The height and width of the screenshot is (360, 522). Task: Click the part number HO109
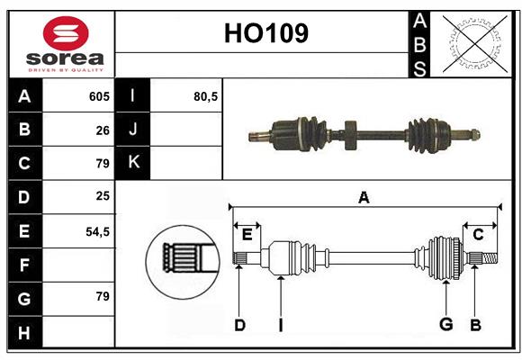tap(265, 33)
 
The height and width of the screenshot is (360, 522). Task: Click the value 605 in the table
tap(99, 96)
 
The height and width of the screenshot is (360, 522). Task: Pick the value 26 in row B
tap(103, 130)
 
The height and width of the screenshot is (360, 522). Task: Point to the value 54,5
tap(97, 231)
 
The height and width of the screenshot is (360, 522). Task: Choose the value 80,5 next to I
tap(206, 96)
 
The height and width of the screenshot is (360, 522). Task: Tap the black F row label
tap(24, 265)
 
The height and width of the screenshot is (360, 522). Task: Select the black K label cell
tap(133, 163)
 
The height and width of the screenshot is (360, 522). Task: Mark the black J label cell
tap(133, 130)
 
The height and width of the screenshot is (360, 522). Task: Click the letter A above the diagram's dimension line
tap(364, 197)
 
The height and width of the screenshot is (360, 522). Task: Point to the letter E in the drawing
tap(247, 235)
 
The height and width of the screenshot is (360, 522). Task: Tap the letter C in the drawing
tap(478, 235)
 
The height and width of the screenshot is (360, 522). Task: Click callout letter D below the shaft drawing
tap(239, 325)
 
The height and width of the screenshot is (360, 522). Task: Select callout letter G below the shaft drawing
tap(445, 325)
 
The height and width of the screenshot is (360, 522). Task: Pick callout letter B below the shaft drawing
tap(476, 325)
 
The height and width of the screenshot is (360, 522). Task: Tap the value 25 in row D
tap(103, 197)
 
